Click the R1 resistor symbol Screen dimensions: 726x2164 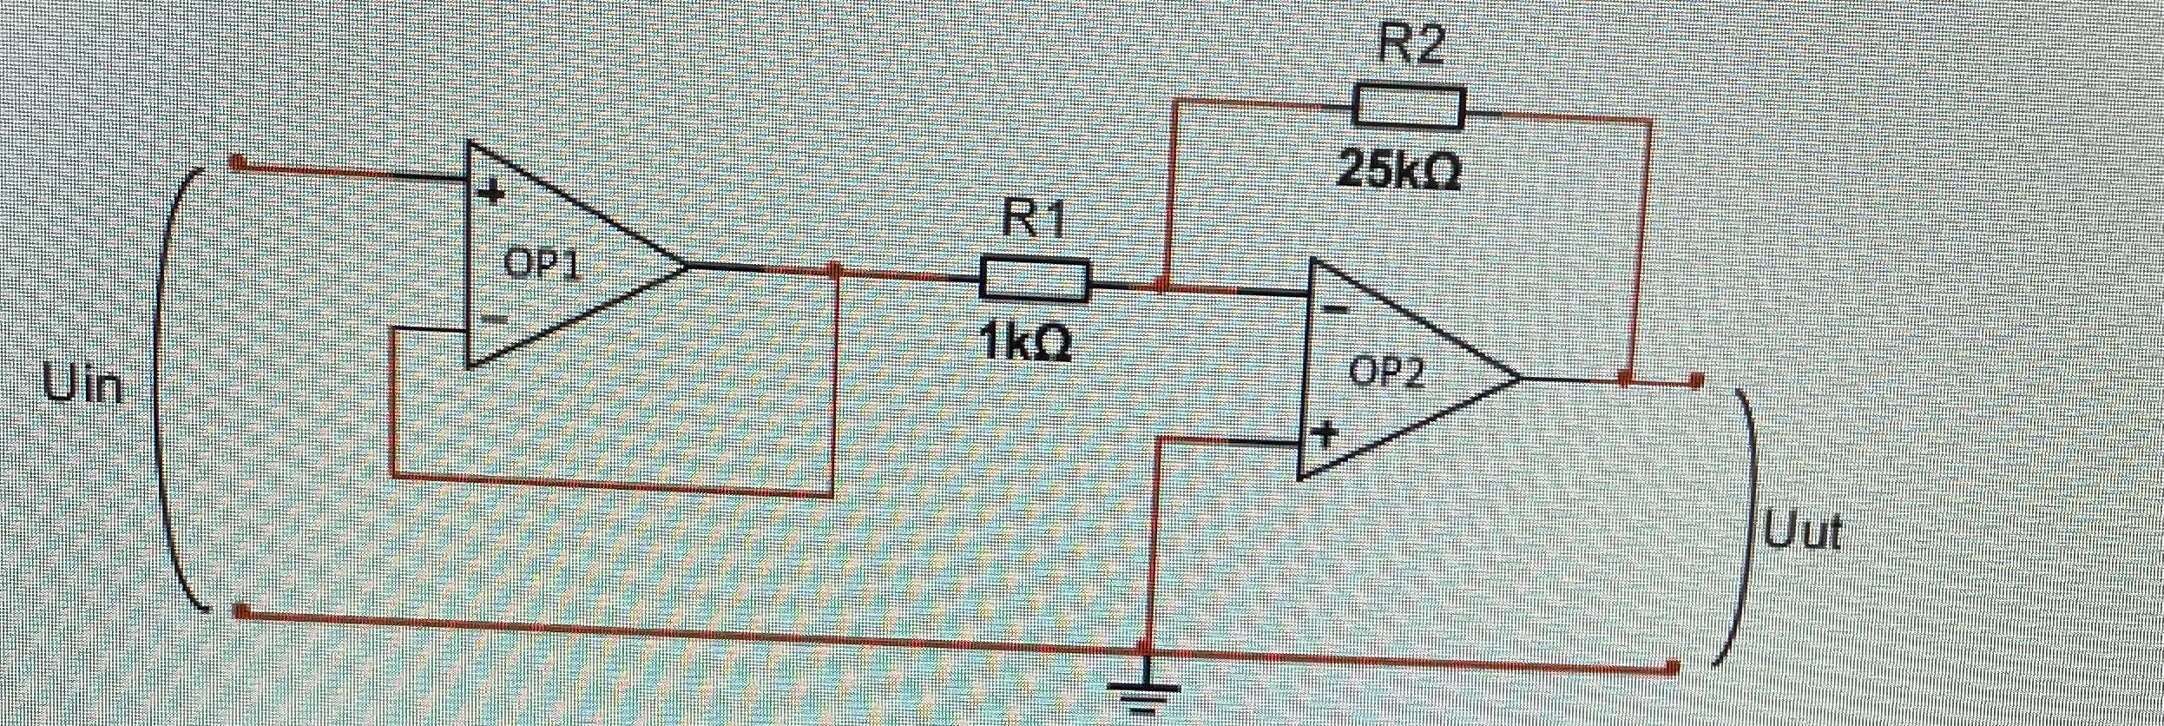(x=1034, y=280)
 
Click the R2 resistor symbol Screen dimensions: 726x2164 (x=1409, y=107)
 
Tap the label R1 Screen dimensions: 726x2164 (x=1032, y=219)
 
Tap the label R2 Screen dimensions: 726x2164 (x=1411, y=45)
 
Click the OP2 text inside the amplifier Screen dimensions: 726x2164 (x=1386, y=373)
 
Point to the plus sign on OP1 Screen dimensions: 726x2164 (x=492, y=193)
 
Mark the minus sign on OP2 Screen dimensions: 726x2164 (x=1338, y=307)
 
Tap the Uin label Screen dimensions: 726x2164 (x=84, y=386)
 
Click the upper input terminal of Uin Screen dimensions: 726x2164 (x=236, y=162)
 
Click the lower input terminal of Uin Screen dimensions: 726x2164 (x=241, y=613)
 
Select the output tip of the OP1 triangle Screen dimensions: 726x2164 (x=687, y=265)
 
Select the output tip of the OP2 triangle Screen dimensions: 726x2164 (x=1520, y=379)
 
